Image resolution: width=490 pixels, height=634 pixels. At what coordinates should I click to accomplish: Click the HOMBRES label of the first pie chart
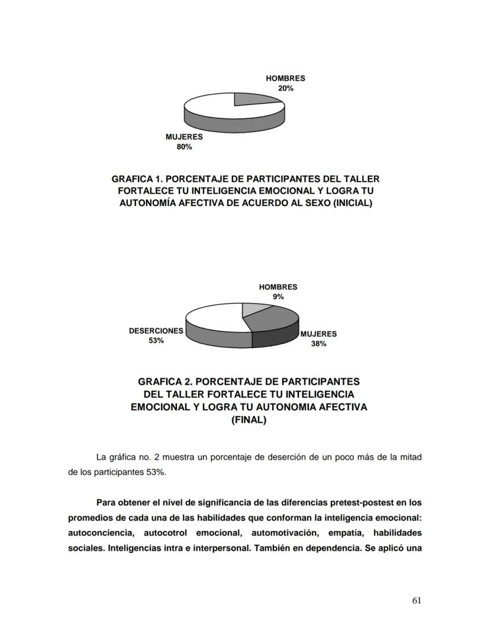pyautogui.click(x=285, y=79)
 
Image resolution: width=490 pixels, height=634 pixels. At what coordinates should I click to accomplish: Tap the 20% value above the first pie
pyautogui.click(x=285, y=88)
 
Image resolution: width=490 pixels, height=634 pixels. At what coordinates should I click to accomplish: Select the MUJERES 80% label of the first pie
pyautogui.click(x=184, y=142)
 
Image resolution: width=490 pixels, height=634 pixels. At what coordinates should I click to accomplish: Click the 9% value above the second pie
pyautogui.click(x=278, y=297)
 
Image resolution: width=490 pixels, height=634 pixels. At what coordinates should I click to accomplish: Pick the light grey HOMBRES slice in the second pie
pyautogui.click(x=256, y=309)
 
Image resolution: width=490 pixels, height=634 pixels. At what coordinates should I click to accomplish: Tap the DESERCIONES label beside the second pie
pyautogui.click(x=156, y=331)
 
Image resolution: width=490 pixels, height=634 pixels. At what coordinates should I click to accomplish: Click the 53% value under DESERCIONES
pyautogui.click(x=156, y=340)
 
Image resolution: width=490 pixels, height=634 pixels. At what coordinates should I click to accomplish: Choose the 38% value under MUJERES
pyautogui.click(x=318, y=343)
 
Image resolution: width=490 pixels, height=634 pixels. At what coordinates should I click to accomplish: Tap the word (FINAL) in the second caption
pyautogui.click(x=249, y=420)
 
